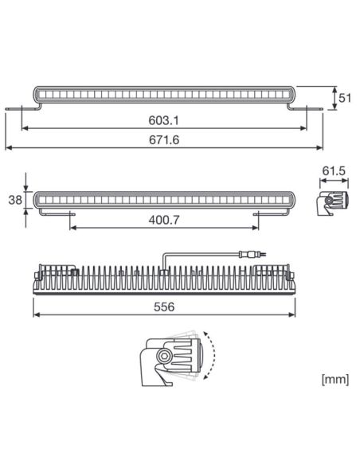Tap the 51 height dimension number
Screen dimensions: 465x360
344,98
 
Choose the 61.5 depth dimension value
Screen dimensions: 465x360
334,171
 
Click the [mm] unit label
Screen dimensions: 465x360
334,378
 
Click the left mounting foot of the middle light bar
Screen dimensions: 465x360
70,213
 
